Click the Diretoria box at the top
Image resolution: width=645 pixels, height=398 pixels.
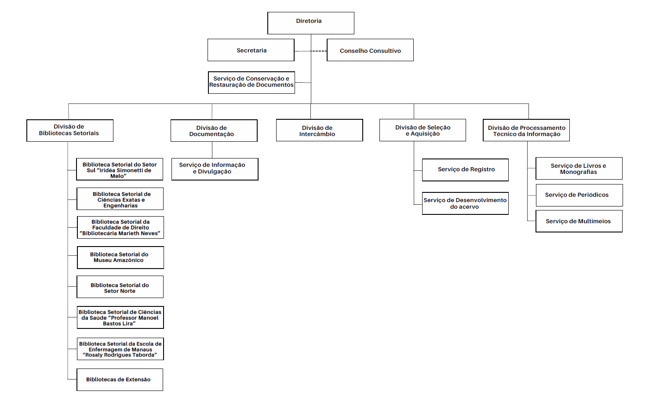311,23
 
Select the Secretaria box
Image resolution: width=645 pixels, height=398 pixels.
251,50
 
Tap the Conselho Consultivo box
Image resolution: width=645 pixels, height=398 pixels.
370,50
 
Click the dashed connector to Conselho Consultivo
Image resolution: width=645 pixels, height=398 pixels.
319,51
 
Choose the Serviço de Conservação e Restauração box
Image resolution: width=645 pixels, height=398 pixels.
251,82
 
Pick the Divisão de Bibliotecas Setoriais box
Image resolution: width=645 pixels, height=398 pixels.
69,130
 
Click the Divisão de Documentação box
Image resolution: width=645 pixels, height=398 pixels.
214,130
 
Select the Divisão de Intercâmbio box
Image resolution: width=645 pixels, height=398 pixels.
319,130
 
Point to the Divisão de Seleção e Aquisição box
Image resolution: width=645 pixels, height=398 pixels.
423,130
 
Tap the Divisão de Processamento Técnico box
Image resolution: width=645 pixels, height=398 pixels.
526,130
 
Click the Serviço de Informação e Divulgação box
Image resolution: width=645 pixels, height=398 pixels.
215,169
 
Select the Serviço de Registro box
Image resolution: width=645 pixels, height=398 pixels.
465,170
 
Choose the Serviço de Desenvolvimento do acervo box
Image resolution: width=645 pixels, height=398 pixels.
465,203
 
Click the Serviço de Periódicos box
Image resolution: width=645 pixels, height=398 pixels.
579,195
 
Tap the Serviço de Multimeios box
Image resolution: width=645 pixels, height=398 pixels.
579,221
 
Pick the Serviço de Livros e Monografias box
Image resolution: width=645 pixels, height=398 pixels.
579,169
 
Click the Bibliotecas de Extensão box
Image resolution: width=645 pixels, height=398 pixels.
120,380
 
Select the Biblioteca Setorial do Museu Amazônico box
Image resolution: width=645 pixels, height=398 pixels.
120,258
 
